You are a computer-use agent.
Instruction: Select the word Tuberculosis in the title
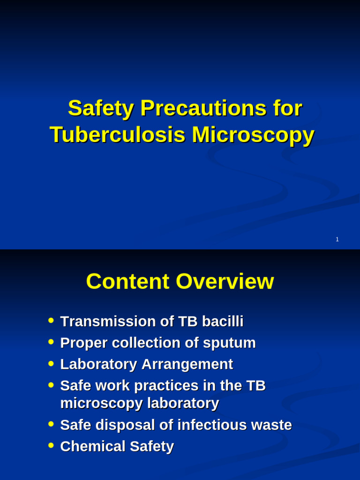point(117,135)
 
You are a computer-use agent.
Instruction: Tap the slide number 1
point(337,240)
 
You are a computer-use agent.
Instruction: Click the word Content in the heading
point(127,282)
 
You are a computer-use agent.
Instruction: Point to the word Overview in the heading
point(225,282)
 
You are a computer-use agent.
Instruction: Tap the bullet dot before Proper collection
point(51,342)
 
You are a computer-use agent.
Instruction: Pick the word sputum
point(229,343)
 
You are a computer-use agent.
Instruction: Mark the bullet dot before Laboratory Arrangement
point(51,363)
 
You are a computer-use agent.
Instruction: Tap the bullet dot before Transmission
point(51,321)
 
